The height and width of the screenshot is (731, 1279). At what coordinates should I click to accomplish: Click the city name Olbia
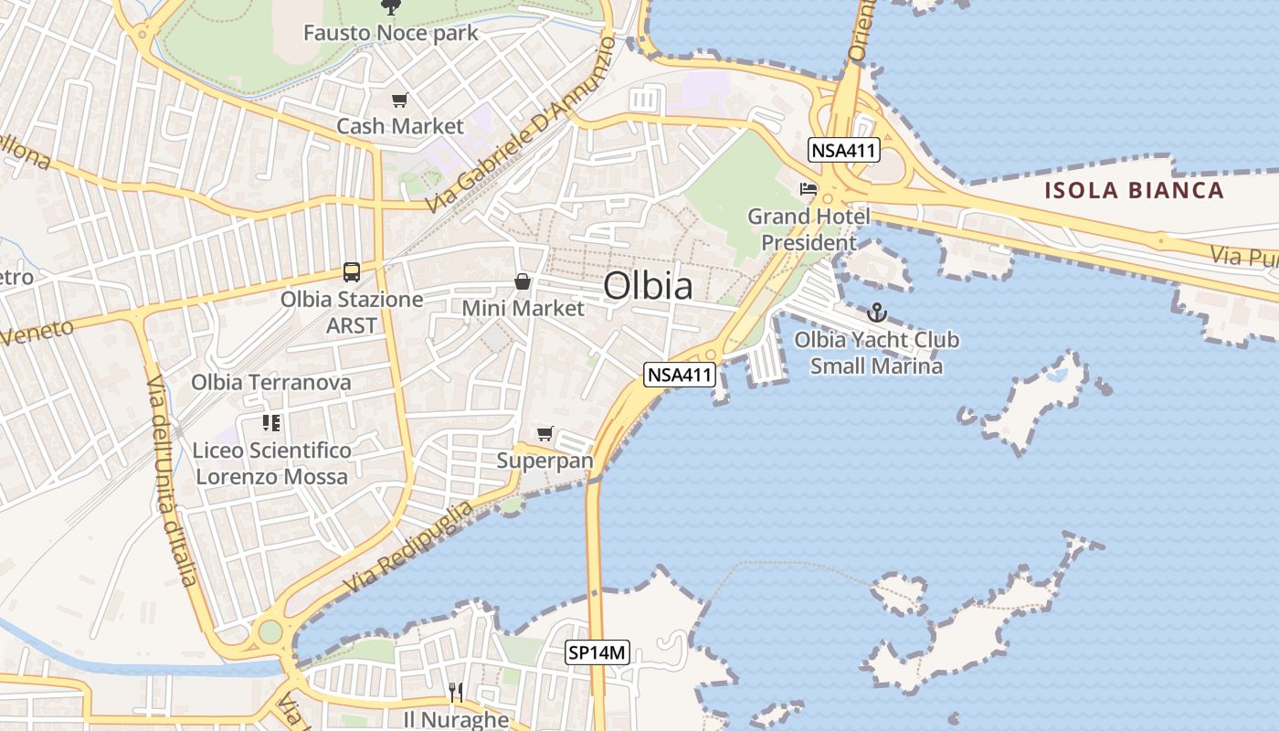648,286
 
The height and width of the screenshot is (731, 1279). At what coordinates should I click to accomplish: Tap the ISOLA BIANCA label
1134,190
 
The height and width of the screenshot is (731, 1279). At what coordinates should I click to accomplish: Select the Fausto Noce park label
391,34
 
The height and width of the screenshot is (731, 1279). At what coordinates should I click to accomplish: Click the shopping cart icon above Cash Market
399,101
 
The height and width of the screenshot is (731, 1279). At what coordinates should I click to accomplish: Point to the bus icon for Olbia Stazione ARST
352,271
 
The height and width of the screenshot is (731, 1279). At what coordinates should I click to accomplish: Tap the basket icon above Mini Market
523,281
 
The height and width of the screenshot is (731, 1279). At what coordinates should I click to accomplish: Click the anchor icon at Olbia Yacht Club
877,313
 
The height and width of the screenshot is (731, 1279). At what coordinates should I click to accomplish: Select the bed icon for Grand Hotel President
809,189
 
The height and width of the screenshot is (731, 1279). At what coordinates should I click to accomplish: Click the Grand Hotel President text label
809,229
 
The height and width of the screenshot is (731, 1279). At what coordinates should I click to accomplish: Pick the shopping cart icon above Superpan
545,433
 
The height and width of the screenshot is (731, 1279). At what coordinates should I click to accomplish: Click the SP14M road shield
597,652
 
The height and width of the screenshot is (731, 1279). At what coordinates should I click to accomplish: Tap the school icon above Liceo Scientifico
271,422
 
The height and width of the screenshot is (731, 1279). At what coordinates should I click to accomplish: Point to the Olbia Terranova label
270,382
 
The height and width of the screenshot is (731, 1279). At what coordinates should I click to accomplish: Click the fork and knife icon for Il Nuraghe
456,694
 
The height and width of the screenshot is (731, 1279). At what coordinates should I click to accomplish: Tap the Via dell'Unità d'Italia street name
172,480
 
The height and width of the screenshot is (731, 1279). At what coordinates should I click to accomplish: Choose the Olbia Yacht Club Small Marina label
877,353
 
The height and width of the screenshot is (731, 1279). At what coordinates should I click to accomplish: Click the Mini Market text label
523,308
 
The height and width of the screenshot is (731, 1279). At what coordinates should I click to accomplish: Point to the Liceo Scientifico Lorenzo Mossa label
271,463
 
